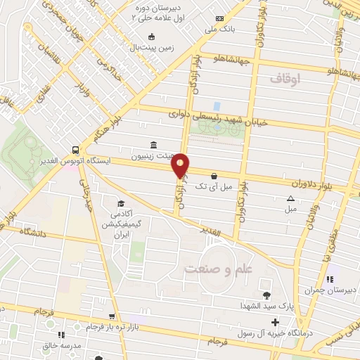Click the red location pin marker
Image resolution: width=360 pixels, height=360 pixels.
[x=181, y=165]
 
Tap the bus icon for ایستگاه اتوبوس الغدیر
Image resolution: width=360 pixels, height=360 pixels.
[x=75, y=150]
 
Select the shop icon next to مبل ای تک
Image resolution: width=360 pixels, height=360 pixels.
[x=213, y=176]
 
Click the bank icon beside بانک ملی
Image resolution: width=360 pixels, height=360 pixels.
[x=220, y=19]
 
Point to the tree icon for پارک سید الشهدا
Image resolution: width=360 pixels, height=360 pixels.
[x=266, y=295]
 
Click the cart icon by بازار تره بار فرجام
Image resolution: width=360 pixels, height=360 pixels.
[x=112, y=317]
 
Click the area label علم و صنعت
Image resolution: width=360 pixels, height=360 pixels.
[x=213, y=269]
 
